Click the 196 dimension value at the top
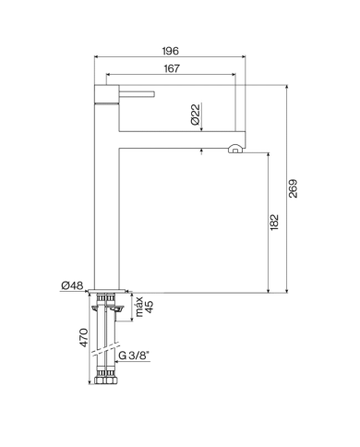pyautogui.click(x=172, y=51)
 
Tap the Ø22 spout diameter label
pyautogui.click(x=196, y=115)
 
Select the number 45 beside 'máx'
pyautogui.click(x=148, y=308)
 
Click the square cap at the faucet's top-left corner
pyautogui.click(x=102, y=91)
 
